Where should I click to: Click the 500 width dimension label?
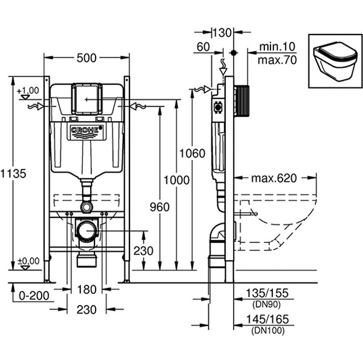pos(87,58)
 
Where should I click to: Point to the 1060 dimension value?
pos(191,153)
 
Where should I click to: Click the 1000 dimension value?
pos(176,180)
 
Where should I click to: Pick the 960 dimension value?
pos(159,207)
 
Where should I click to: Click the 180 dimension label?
pos(87,289)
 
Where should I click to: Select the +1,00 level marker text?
pos(28,91)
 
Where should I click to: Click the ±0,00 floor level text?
pos(28,261)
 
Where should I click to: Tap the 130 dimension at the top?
pos(222,33)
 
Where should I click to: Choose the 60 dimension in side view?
pos(203,47)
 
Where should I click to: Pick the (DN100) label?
pos(268,331)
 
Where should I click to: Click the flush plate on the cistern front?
pos(87,97)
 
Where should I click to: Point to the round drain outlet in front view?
pos(87,230)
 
